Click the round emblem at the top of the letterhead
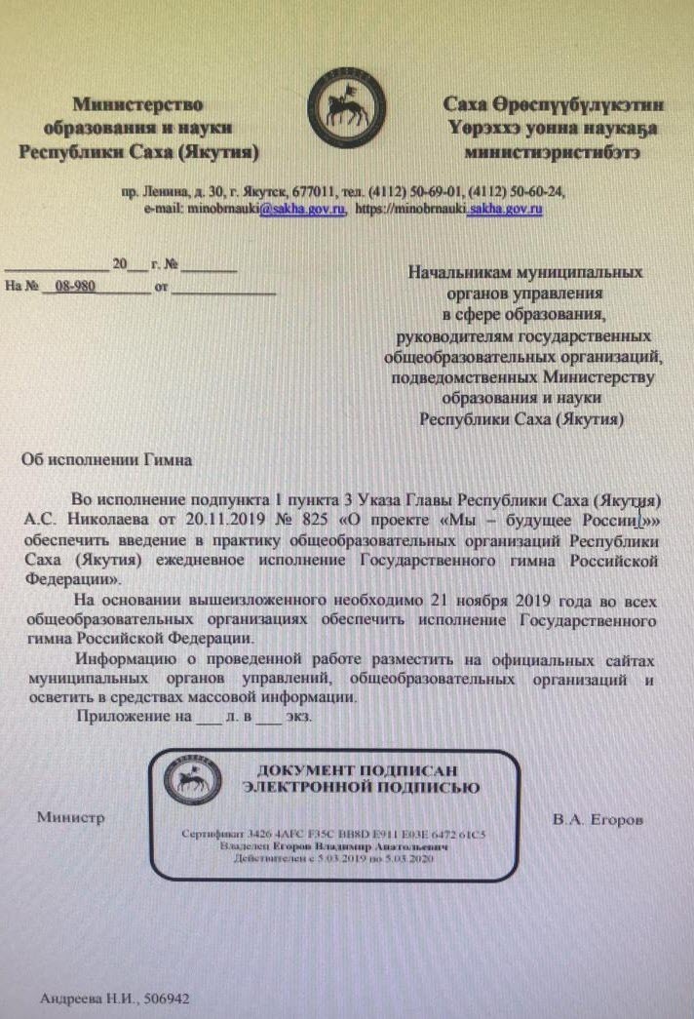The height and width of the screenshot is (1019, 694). coord(347,106)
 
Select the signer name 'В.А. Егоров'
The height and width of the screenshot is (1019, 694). coord(598,820)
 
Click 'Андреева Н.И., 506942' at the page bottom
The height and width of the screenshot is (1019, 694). coord(114,1000)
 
